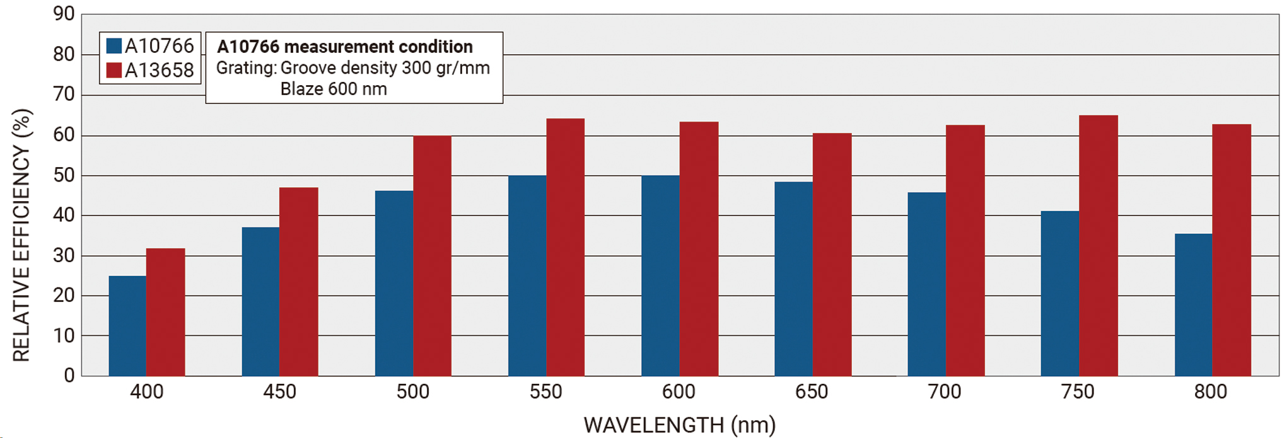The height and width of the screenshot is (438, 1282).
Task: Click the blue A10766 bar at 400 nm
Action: point(127,326)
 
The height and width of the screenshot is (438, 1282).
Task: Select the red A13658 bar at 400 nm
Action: point(166,312)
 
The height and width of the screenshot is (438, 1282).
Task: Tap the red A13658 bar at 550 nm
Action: point(566,247)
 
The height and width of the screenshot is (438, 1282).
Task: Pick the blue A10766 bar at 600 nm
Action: point(660,275)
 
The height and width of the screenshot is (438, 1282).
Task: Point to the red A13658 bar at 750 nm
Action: point(1098,246)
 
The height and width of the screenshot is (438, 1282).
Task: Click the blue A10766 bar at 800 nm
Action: point(1193,304)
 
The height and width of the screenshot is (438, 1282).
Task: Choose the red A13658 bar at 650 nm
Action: point(832,255)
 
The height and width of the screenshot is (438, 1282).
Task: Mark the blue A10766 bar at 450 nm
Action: point(260,301)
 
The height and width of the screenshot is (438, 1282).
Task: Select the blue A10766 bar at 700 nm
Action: point(926,284)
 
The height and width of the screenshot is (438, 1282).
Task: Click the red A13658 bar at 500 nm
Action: point(433,256)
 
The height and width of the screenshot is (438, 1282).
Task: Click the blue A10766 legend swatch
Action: point(114,46)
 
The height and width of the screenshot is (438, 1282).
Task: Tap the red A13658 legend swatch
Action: point(114,70)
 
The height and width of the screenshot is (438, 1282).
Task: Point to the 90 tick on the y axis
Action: point(64,14)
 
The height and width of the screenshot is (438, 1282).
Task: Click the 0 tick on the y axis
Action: point(69,376)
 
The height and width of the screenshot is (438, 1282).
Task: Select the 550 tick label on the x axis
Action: point(545,392)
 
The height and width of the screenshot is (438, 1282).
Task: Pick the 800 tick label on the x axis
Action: point(1210,392)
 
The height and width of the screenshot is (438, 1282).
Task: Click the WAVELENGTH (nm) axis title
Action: point(679,425)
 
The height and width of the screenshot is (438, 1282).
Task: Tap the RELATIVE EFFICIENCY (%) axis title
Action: point(21,235)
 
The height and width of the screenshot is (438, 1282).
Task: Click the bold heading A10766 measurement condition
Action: point(345,47)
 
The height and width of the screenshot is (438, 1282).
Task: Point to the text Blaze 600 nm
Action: point(334,89)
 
